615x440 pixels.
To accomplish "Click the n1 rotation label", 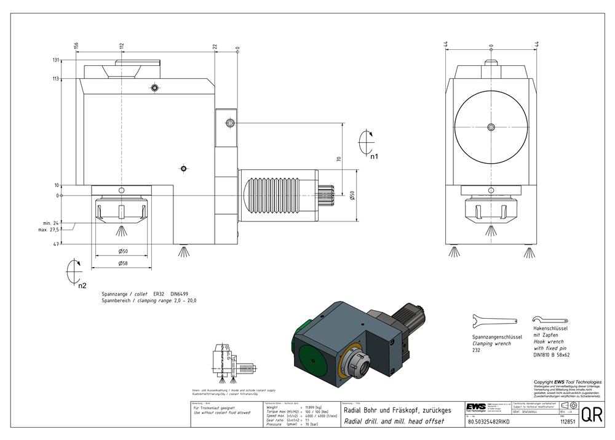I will (374, 156).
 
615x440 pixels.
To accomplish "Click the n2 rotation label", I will (82, 286).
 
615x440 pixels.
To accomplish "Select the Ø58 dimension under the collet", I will (123, 263).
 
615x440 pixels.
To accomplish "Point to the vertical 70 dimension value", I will (338, 159).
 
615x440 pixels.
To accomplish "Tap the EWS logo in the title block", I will (475, 409).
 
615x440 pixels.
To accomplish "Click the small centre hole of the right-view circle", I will (490, 127).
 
